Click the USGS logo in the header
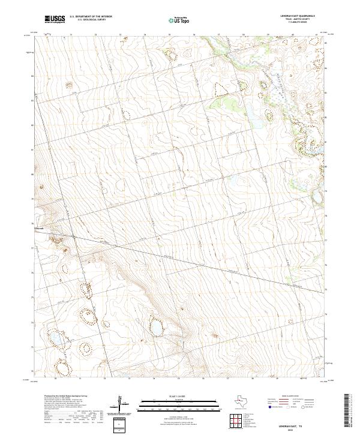[x=55, y=19]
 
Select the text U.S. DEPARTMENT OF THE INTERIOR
[x=91, y=17]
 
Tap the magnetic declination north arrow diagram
[x=124, y=404]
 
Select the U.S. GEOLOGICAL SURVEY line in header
[x=87, y=20]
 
